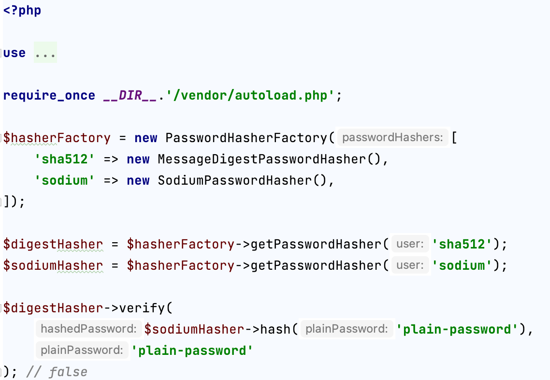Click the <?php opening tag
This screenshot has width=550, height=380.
pyautogui.click(x=22, y=11)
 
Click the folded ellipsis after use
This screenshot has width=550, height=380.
pyautogui.click(x=45, y=53)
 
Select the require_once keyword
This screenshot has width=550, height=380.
pyautogui.click(x=49, y=95)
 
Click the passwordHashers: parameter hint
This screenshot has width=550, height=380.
pyautogui.click(x=392, y=138)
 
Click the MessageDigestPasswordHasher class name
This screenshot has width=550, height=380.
pyautogui.click(x=259, y=159)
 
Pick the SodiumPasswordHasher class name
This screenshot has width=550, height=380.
pyautogui.click(x=235, y=180)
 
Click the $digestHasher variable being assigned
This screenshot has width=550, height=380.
pyautogui.click(x=53, y=244)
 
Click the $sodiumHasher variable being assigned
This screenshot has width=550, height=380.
pyautogui.click(x=53, y=265)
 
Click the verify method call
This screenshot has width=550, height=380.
pyautogui.click(x=142, y=308)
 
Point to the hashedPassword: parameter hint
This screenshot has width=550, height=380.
pyautogui.click(x=88, y=329)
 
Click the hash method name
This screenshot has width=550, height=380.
pyautogui.click(x=275, y=329)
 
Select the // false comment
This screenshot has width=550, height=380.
pyautogui.click(x=57, y=372)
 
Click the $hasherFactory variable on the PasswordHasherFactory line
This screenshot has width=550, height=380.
pyautogui.click(x=57, y=138)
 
